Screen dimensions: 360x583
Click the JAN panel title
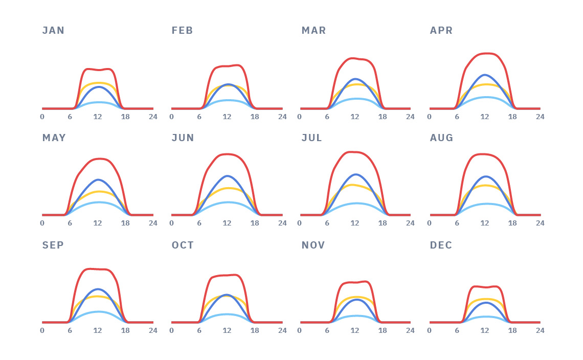click(x=53, y=31)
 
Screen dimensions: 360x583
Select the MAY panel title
click(x=54, y=138)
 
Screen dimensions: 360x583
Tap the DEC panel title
click(x=441, y=245)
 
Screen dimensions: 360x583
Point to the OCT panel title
click(x=183, y=245)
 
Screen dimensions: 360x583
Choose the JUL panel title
click(x=311, y=138)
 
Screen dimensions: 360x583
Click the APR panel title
click(x=441, y=31)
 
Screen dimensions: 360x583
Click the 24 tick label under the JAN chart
click(x=153, y=117)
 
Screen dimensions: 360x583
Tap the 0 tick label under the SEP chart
click(x=42, y=330)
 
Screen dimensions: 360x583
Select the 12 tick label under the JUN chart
click(x=227, y=223)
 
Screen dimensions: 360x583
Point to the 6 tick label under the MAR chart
click(x=327, y=117)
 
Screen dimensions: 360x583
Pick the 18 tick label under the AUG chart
click(x=512, y=223)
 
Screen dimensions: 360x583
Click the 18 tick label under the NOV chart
click(x=383, y=330)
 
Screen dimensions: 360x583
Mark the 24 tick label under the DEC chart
click(x=540, y=330)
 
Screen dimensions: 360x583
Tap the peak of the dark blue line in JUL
click(x=355, y=174)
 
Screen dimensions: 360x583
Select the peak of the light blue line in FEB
click(x=227, y=100)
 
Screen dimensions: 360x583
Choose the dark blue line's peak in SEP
click(x=98, y=289)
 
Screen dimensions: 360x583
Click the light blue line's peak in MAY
click(x=98, y=202)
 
